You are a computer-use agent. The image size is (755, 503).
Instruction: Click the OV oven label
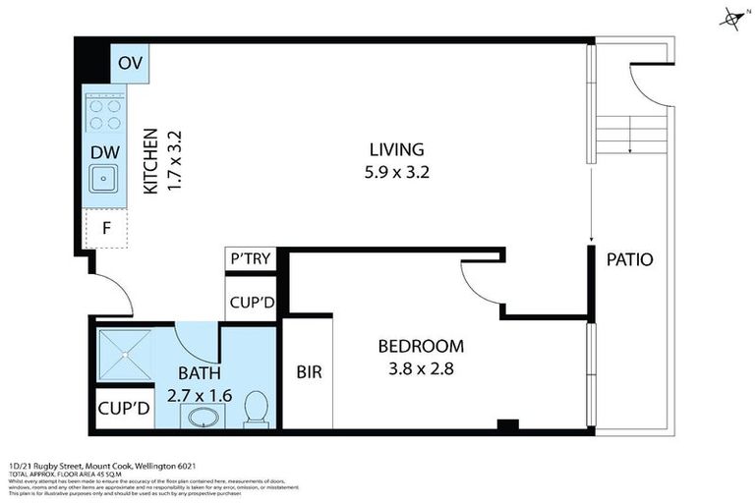point(130,64)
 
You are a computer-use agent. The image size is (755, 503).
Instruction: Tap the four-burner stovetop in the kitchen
point(104,113)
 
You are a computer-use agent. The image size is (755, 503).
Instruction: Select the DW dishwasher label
point(105,152)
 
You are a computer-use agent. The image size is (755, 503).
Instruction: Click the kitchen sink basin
point(103,179)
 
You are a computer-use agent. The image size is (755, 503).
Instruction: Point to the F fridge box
point(104,230)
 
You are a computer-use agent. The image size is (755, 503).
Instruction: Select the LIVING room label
point(396,150)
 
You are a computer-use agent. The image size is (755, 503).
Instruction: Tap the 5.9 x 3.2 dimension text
point(396,172)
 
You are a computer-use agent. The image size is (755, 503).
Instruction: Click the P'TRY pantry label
point(251,259)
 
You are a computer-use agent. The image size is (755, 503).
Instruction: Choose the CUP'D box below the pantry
point(251,303)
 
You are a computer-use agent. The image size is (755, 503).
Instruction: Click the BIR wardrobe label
point(310,373)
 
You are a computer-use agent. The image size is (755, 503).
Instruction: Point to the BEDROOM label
point(421,347)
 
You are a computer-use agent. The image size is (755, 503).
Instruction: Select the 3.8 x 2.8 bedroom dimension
point(421,370)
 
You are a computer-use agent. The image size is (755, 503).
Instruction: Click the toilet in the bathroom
point(257,408)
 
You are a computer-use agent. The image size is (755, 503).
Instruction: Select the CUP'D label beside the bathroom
point(124,409)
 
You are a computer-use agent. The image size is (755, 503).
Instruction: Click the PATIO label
point(629,260)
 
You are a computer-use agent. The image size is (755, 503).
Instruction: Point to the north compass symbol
point(730,18)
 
